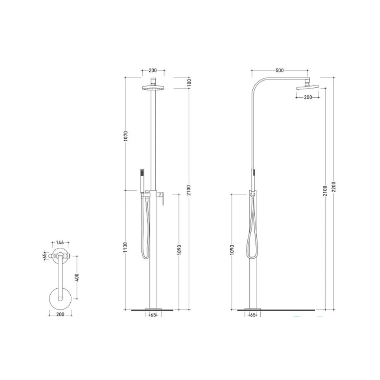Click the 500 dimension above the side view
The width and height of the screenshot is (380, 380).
279,70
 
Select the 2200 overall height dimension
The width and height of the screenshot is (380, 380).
334,187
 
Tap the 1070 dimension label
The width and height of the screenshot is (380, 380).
125,136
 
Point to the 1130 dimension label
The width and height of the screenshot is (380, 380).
125,247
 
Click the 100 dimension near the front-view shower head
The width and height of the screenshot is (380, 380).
189,82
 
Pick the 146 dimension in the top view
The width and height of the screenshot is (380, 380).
60,242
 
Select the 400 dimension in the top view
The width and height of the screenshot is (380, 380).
77,277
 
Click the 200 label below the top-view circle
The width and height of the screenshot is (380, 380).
60,314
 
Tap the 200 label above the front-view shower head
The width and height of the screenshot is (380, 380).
153,70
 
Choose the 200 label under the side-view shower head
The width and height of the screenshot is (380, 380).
308,97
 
